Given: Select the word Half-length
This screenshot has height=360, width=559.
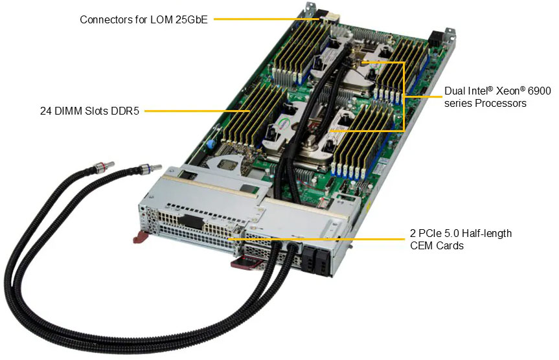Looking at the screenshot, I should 486,233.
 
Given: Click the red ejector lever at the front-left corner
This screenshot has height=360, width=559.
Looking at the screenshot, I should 141,238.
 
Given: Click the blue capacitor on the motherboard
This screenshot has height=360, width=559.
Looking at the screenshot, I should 211,142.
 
